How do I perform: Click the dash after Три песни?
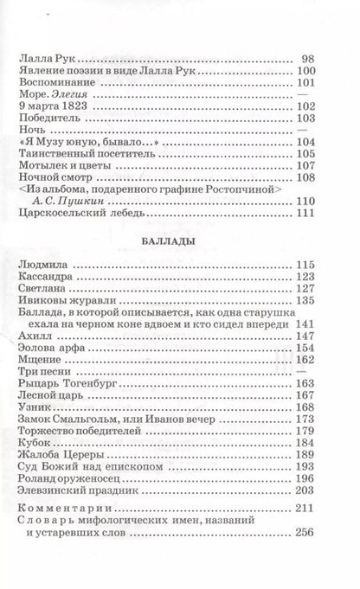pos(332,368)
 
